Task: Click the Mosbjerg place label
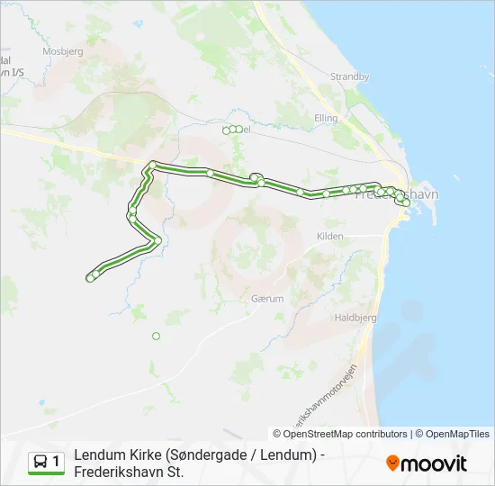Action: pos(61,50)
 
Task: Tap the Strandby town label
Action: pos(349,76)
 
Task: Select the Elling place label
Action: pos(325,118)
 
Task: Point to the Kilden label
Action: pos(330,236)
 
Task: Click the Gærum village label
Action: pos(268,298)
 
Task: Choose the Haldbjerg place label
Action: pos(355,318)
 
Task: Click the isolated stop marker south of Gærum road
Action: pos(156,336)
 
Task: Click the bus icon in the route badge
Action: pos(40,463)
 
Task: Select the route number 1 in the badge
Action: pos(57,462)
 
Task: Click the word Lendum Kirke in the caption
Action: pos(118,455)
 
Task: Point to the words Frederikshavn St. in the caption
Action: pos(129,472)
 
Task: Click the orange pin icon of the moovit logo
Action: pos(392,463)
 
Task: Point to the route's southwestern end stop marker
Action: pos(90,278)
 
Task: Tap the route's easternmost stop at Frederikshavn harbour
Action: pos(407,203)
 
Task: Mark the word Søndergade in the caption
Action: pos(207,455)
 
